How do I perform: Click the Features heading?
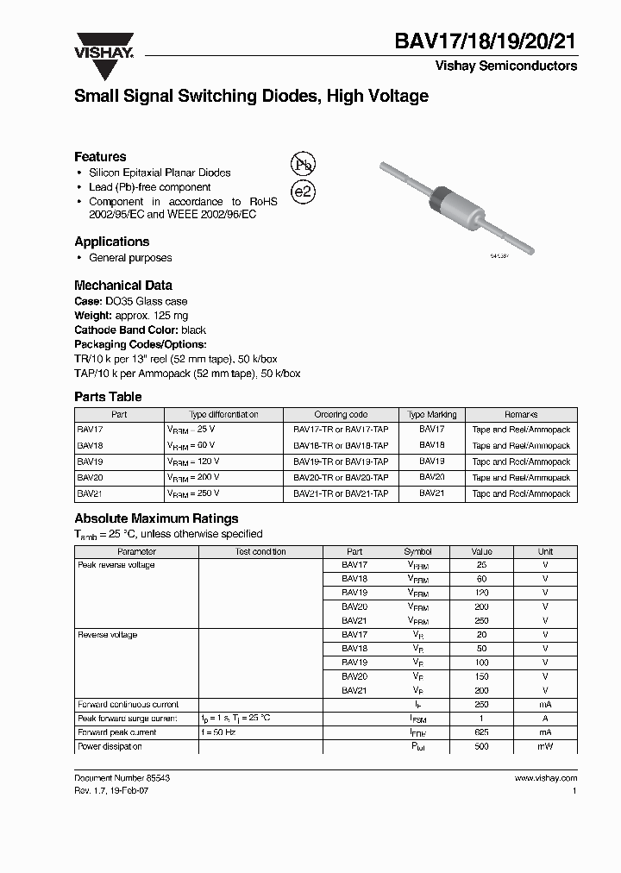(x=100, y=156)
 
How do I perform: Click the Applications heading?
(x=111, y=242)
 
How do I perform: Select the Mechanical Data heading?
(x=122, y=285)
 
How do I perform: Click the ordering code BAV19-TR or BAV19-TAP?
(x=341, y=462)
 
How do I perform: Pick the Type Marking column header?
(x=432, y=414)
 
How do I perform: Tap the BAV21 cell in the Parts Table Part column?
(x=90, y=493)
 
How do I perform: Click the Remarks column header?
(x=521, y=414)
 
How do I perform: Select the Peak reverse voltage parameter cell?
(x=116, y=565)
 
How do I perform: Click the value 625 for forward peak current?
(x=481, y=732)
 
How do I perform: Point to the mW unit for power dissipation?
(x=545, y=746)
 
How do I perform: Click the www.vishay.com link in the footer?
(x=545, y=777)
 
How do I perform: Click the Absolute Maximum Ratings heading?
(x=156, y=518)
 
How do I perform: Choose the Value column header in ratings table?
(x=481, y=551)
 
